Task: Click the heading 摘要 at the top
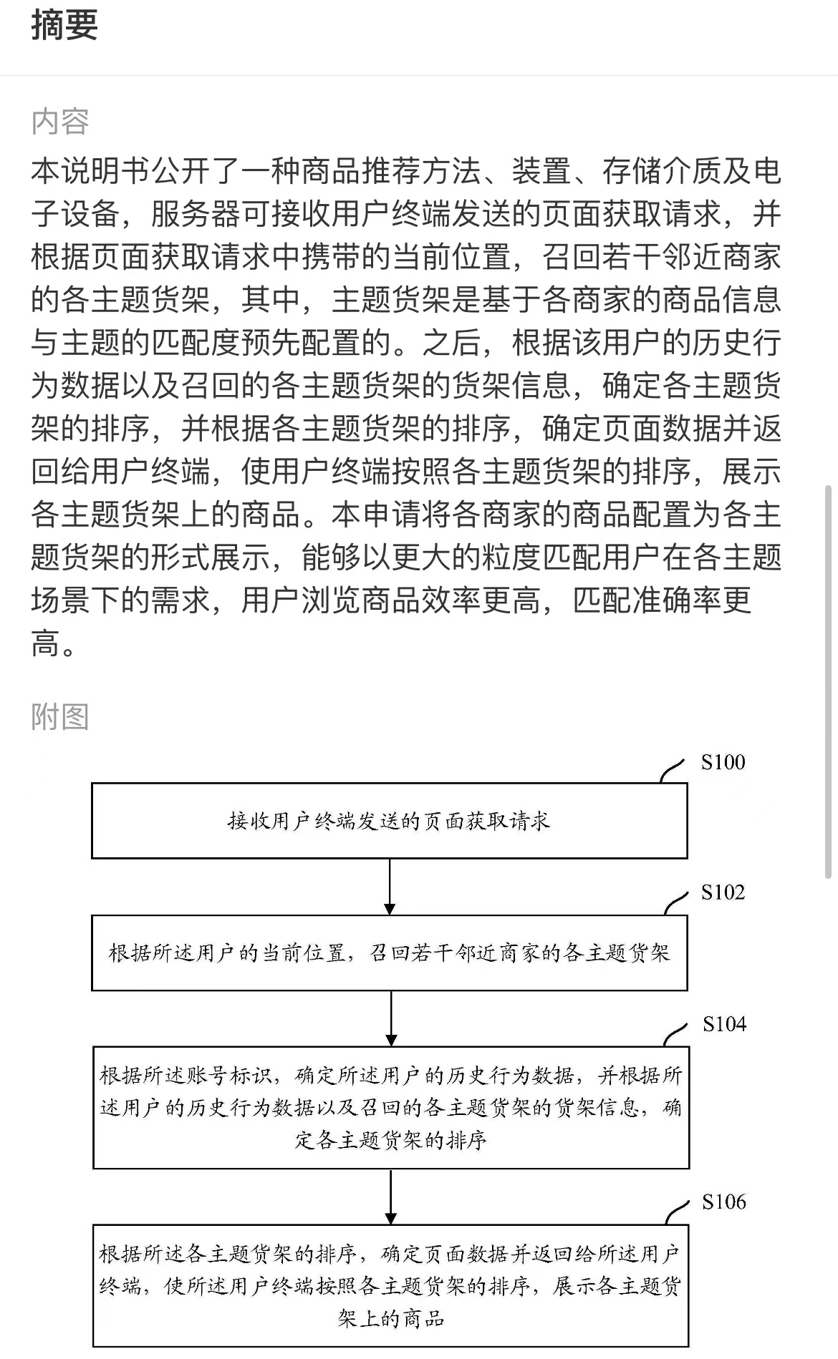tap(64, 26)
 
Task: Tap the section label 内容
tap(60, 122)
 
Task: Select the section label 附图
tap(60, 716)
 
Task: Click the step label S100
tap(723, 762)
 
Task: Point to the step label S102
tap(723, 892)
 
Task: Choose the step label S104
tap(724, 1024)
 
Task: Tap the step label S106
tap(724, 1202)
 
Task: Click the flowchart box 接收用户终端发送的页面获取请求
tap(390, 821)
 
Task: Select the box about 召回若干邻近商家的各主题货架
tap(390, 953)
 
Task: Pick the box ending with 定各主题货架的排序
tap(391, 1108)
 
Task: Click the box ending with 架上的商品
tap(391, 1286)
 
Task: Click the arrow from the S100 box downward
tap(390, 887)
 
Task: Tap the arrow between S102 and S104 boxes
tap(391, 1019)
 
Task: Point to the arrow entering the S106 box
tap(391, 1197)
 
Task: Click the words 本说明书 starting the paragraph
tap(91, 171)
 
